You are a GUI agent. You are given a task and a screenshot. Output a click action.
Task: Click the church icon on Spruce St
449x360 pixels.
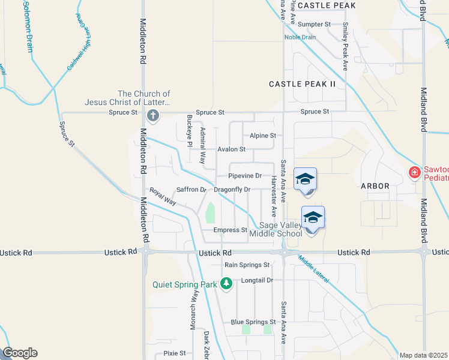pos(153,115)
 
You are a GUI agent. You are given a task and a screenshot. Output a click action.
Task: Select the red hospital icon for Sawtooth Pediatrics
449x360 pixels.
pos(414,173)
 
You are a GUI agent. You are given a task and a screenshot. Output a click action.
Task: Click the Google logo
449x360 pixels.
pos(20,353)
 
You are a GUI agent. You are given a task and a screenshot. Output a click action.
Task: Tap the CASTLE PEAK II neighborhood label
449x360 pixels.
pos(302,84)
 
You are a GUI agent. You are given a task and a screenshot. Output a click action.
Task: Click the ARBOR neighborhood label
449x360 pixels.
pos(375,186)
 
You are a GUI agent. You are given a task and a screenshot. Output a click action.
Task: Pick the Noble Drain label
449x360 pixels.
pos(300,37)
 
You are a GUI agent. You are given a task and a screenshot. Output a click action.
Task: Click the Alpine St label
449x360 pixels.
pos(263,136)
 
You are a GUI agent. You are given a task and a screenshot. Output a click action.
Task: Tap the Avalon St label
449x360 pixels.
pos(231,149)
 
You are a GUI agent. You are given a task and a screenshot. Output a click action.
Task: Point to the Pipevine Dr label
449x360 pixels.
pos(245,176)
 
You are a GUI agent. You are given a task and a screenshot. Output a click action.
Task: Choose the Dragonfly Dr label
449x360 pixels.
pos(232,190)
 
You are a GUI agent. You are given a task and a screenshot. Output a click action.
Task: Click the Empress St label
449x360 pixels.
pos(231,230)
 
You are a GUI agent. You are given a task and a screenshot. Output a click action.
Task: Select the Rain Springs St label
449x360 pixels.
pos(247,265)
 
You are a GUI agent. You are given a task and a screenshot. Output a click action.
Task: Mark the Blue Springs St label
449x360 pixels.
pos(253,322)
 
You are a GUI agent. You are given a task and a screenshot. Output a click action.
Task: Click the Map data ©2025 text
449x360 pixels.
pos(423,355)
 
